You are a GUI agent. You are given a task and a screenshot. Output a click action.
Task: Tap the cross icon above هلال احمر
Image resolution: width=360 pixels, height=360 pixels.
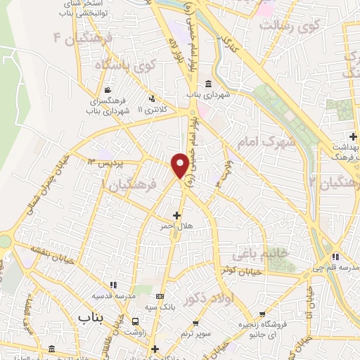pyautogui.click(x=176, y=214)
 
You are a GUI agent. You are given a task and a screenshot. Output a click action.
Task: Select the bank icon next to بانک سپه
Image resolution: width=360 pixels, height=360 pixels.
pyautogui.click(x=161, y=296)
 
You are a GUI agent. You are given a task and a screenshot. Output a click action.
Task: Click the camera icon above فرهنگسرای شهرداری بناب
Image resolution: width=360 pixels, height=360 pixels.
pyautogui.click(x=106, y=91)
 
